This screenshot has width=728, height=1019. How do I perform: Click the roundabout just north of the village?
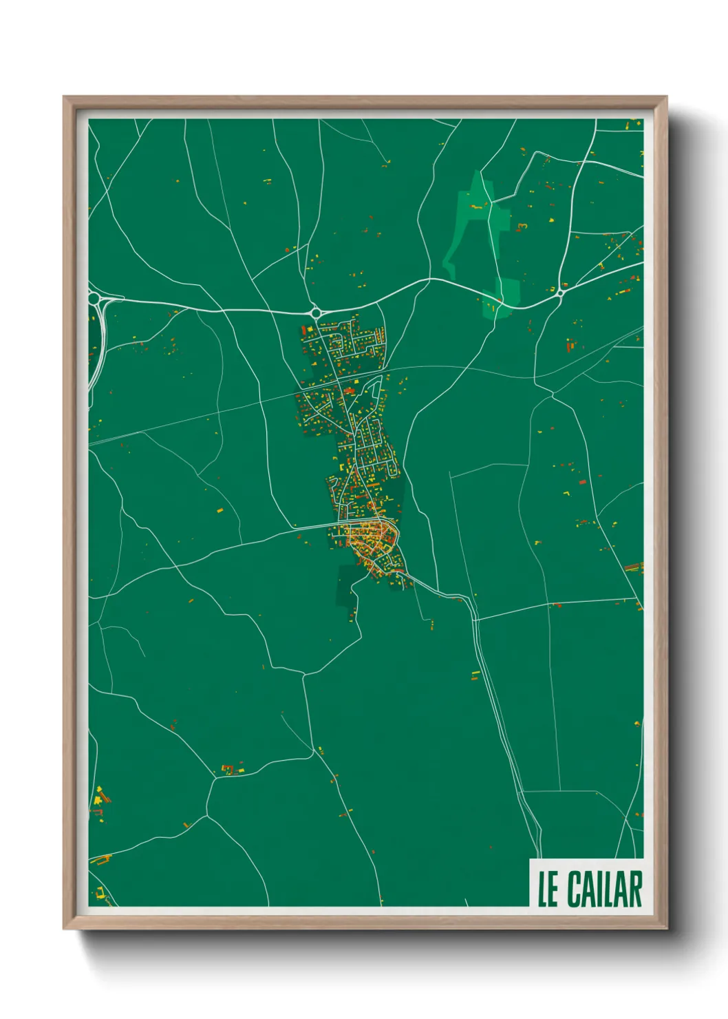316,312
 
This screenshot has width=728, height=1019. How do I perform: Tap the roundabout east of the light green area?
560,293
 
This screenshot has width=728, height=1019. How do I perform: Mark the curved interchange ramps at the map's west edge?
98,330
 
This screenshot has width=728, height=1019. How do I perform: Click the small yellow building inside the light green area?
475,205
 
